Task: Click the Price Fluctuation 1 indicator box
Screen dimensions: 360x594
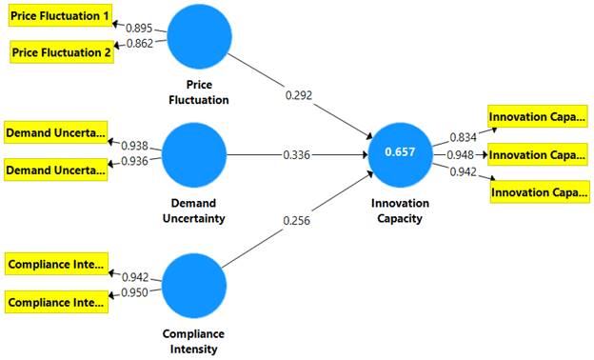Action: (60, 17)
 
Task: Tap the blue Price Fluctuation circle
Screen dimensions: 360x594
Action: (198, 37)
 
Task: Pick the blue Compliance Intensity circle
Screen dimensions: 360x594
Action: (194, 285)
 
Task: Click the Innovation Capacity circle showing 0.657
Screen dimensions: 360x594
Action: (400, 153)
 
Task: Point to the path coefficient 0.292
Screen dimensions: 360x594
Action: (298, 96)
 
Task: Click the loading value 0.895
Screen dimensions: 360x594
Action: (139, 29)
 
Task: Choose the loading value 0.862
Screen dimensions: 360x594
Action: (139, 43)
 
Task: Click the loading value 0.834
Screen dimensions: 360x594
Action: (459, 138)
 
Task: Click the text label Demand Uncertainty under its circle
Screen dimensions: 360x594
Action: (194, 210)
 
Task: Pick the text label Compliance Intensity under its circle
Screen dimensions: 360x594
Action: (194, 341)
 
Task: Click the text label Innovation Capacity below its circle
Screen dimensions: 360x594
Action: (400, 210)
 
